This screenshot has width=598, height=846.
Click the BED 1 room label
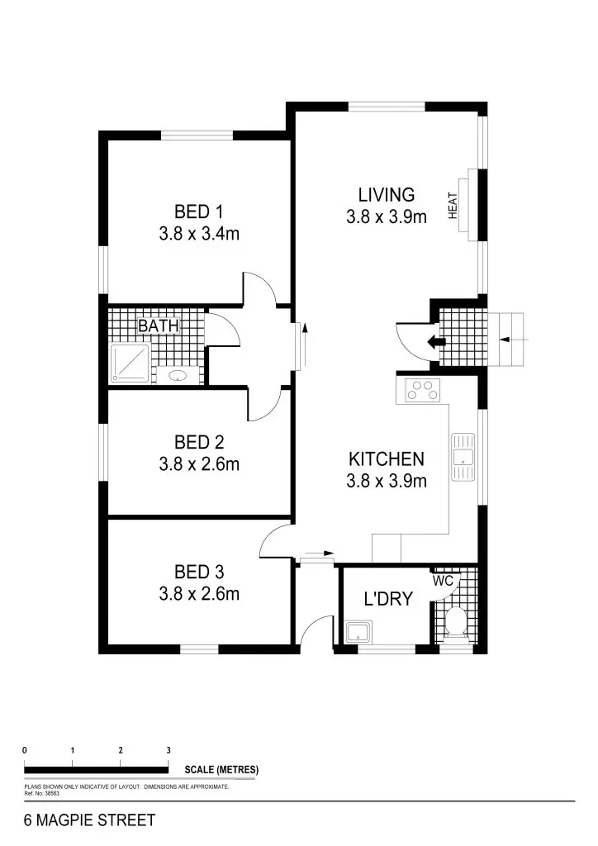click(198, 211)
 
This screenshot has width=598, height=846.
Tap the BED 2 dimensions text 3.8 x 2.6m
click(199, 465)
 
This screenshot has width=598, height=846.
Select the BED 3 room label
click(198, 572)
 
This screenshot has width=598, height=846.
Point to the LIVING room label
click(386, 195)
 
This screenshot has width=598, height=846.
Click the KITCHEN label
click(386, 459)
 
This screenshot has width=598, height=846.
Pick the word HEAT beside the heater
click(453, 205)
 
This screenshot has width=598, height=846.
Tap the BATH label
click(158, 326)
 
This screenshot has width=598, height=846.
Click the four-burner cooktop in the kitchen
click(425, 389)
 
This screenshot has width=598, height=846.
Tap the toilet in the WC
click(455, 623)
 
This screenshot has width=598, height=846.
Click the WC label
click(443, 581)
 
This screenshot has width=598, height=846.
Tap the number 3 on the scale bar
click(168, 750)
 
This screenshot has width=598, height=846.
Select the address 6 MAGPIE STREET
click(90, 821)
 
